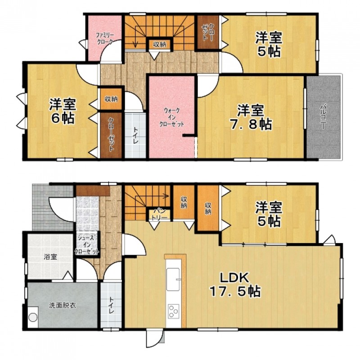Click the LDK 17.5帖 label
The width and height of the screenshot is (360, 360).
point(234,285)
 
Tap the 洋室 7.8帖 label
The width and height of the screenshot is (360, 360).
point(251,117)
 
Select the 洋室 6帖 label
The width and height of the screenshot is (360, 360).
point(63,111)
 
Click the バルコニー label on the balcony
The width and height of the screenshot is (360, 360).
point(324,117)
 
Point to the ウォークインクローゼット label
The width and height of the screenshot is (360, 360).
point(172,117)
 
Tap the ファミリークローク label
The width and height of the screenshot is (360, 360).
point(104,39)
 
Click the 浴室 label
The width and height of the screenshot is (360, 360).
point(50,256)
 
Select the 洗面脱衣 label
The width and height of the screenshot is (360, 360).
point(63,306)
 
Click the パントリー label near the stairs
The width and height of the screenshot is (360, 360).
point(159,214)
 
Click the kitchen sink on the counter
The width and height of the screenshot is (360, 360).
point(173,279)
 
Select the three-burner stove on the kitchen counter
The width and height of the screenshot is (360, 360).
point(174,311)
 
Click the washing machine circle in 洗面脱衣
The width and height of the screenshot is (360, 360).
point(33,318)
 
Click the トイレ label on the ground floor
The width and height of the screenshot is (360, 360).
point(112,306)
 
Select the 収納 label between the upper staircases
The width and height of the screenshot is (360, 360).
point(160,45)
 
